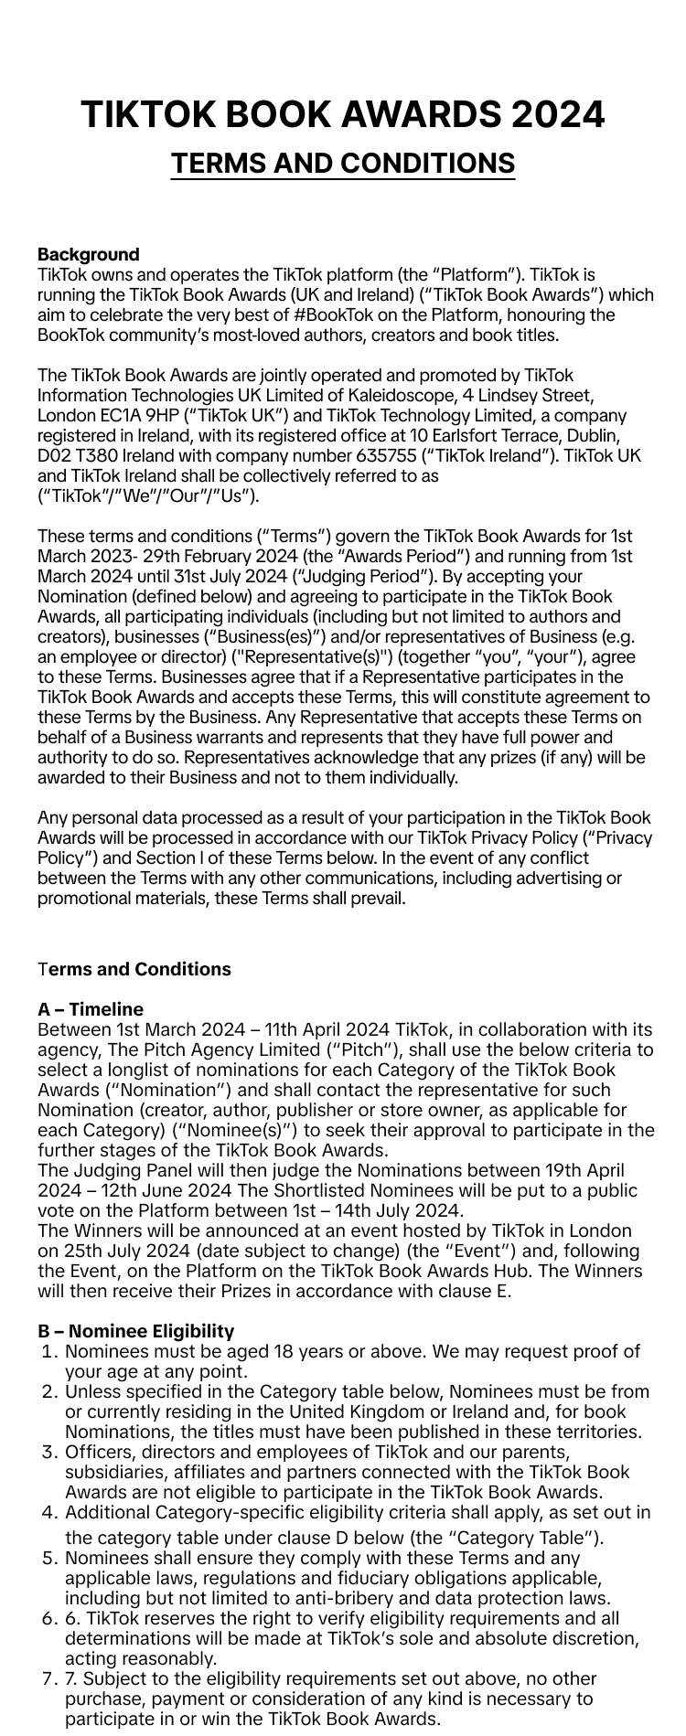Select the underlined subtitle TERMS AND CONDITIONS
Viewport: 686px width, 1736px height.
tap(343, 164)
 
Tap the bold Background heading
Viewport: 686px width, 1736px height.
tap(89, 254)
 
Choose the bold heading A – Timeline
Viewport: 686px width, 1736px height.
tap(91, 1009)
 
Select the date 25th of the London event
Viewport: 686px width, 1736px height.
tap(82, 1251)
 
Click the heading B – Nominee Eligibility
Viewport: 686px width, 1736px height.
tap(136, 1331)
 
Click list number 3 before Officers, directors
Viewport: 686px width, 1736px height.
tap(49, 1452)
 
